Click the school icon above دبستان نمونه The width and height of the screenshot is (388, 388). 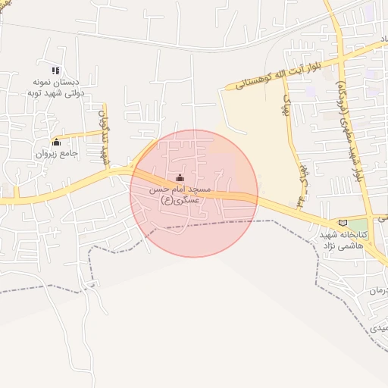tap(55, 70)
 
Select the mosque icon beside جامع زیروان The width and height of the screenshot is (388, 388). tap(56, 141)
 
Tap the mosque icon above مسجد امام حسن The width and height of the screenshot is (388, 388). tap(180, 178)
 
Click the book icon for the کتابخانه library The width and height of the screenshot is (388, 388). tap(344, 223)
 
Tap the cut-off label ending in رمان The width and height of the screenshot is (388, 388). tap(377, 291)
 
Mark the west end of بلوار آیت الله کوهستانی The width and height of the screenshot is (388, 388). tap(225, 90)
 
